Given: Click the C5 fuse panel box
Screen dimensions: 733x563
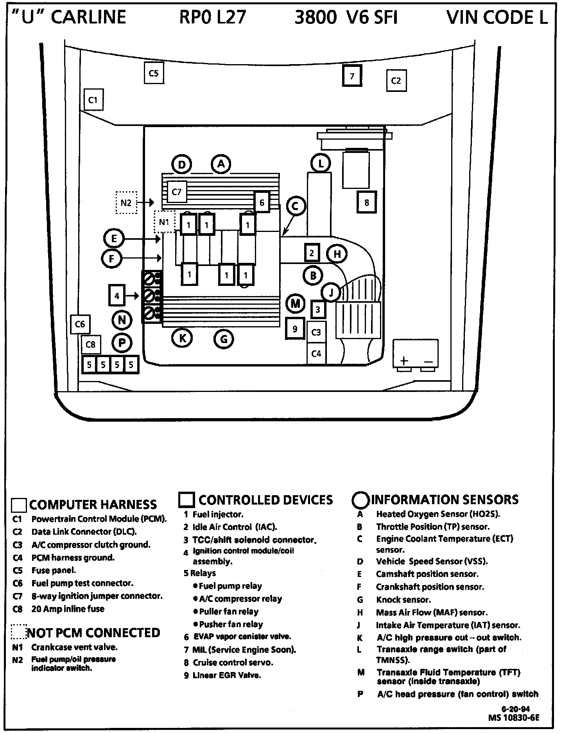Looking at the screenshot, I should point(154,73).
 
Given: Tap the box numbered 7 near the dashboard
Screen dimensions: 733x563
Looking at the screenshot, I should point(352,76).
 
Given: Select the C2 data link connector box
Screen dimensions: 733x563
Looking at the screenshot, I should point(396,81).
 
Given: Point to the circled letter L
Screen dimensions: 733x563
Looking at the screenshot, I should point(321,163).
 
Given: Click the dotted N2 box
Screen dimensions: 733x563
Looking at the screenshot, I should point(126,203).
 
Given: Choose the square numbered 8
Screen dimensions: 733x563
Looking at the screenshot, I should point(366,202).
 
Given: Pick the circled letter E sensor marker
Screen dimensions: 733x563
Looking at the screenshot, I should point(114,239).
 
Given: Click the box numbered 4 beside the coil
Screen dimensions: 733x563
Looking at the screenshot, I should point(117,296).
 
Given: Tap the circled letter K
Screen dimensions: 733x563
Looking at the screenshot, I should point(182,338).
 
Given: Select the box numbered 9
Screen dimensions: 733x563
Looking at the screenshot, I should point(295,329).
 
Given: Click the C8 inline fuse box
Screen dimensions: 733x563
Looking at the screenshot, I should point(91,345).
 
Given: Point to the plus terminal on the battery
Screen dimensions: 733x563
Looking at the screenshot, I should point(404,361).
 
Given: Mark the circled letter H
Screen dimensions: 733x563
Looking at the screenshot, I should point(337,254).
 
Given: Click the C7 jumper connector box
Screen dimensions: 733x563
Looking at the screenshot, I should point(177,192).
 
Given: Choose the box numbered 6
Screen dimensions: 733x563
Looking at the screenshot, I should point(262,202).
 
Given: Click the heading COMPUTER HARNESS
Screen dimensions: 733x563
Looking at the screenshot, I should point(93,505).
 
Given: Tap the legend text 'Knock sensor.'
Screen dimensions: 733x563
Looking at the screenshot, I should point(403,600).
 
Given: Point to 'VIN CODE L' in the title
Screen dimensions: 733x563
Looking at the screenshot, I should point(497,18).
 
